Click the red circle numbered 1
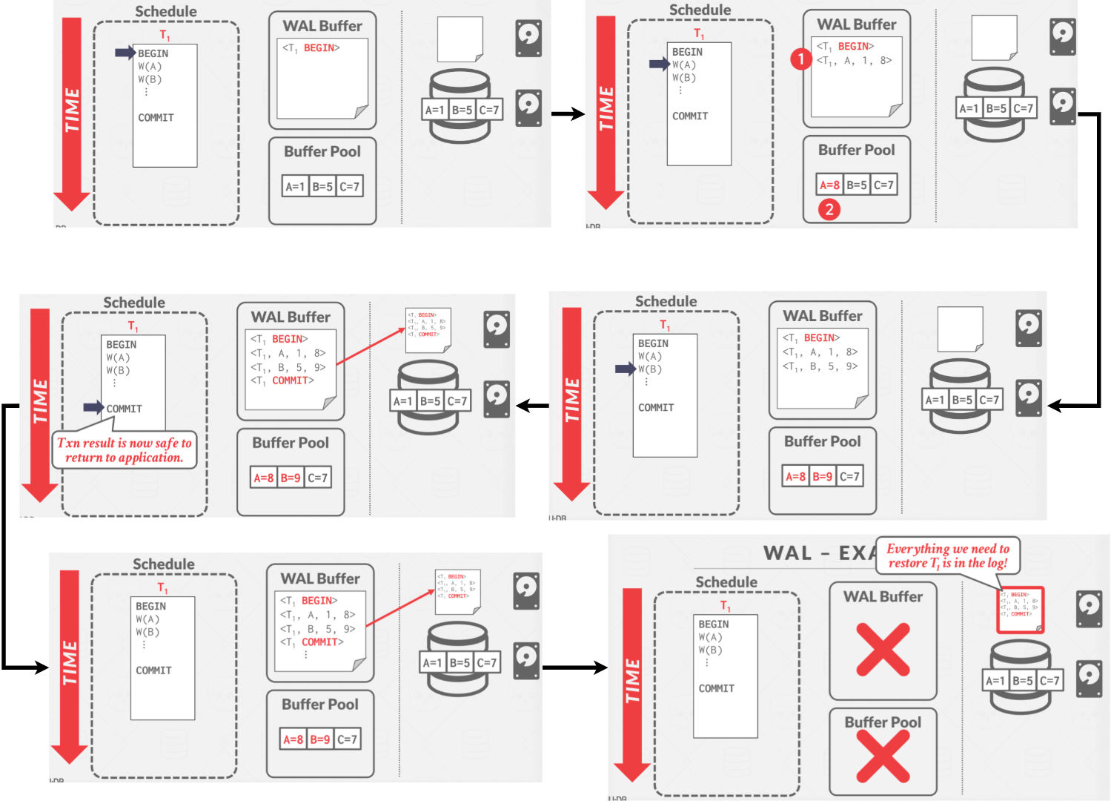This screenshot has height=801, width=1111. (800, 59)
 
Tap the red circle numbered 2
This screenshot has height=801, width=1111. (829, 209)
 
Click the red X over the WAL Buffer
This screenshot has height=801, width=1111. (883, 650)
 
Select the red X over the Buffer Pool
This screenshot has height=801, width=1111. (883, 756)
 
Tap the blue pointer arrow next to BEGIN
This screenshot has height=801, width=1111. (125, 53)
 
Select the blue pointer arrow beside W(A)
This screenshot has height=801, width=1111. (659, 65)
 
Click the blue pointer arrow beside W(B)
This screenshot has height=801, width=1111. (625, 369)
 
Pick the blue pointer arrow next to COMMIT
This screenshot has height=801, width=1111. (93, 407)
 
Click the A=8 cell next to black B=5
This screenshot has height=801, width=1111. (829, 185)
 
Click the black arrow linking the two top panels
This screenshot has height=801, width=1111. (568, 114)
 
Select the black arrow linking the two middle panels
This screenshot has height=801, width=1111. (532, 406)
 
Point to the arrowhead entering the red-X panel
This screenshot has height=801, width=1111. (599, 667)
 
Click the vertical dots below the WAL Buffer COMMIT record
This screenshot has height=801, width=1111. (305, 655)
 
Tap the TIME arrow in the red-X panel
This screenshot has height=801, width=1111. (632, 682)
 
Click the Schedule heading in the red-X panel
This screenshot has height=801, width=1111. (726, 582)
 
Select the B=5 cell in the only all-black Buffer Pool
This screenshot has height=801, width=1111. (322, 186)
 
